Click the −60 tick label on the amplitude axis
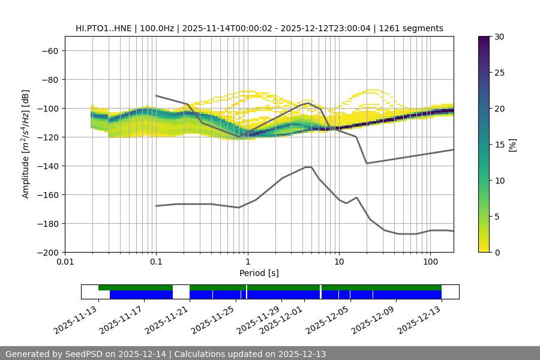click(x=49, y=50)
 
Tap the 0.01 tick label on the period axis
click(x=65, y=262)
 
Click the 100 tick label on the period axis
click(x=430, y=262)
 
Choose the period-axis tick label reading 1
click(x=248, y=262)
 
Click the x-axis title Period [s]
click(x=259, y=273)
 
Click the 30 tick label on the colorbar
click(x=499, y=37)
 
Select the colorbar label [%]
click(x=512, y=145)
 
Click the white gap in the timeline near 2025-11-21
click(x=181, y=292)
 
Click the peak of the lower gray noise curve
click(x=308, y=167)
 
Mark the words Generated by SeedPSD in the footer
click(x=53, y=354)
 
